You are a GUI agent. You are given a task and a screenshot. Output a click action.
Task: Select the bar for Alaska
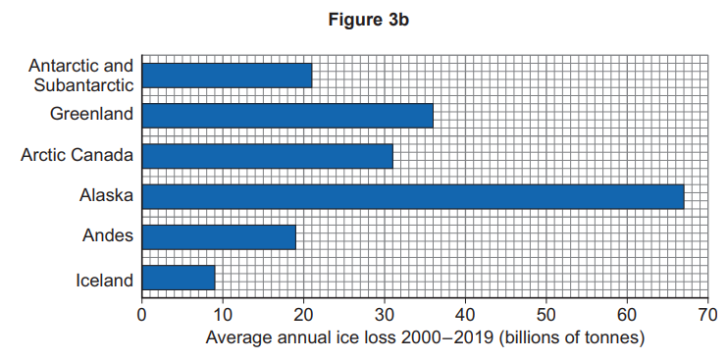point(412,196)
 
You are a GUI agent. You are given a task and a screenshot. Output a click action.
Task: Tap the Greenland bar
point(287,115)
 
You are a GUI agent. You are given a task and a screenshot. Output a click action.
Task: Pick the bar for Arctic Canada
point(267,156)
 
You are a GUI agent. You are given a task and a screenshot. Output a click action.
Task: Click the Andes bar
point(219,236)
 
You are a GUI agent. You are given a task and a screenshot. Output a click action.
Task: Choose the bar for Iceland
point(179,278)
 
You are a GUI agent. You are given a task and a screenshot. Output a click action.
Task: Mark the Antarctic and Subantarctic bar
point(227,76)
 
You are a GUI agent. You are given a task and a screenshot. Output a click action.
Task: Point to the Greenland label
point(91,115)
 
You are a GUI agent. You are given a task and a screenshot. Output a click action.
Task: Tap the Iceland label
point(104,281)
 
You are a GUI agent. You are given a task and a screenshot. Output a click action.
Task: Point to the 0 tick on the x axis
point(142,316)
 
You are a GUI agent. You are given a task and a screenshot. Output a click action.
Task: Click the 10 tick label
point(223,316)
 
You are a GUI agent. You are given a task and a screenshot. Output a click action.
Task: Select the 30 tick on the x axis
point(384,316)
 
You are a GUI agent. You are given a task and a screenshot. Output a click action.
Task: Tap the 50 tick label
point(545,316)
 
